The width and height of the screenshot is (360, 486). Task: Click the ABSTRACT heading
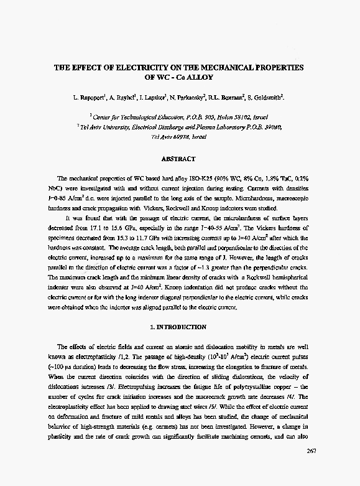[178, 159]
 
